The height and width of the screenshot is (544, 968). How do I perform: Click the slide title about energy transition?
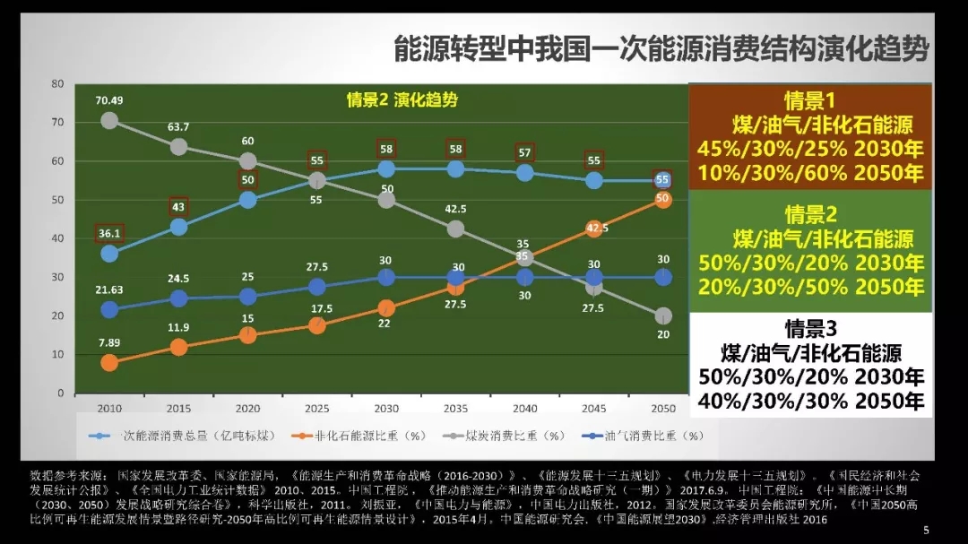click(661, 49)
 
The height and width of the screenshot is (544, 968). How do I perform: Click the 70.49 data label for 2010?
click(109, 100)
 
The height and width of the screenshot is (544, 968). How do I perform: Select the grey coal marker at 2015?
click(178, 147)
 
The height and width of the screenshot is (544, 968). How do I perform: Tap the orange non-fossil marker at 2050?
click(663, 200)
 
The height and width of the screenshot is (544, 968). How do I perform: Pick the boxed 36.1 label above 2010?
click(109, 234)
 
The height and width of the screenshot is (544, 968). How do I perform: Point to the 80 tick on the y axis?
click(58, 83)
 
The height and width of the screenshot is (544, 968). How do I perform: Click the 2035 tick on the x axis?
click(455, 409)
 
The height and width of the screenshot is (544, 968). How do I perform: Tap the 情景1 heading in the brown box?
click(809, 99)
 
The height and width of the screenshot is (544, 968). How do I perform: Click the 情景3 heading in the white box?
click(810, 328)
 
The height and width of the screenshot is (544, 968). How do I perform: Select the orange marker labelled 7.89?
click(109, 363)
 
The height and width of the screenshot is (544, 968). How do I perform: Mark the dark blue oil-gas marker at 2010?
click(109, 309)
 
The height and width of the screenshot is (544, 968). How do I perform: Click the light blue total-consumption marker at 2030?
click(386, 168)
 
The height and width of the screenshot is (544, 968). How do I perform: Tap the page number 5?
click(926, 531)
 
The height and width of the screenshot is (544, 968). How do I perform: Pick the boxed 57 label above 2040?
click(525, 152)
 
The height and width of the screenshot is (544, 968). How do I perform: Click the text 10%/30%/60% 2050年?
click(810, 172)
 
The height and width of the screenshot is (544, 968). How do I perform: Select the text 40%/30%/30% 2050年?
click(810, 401)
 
